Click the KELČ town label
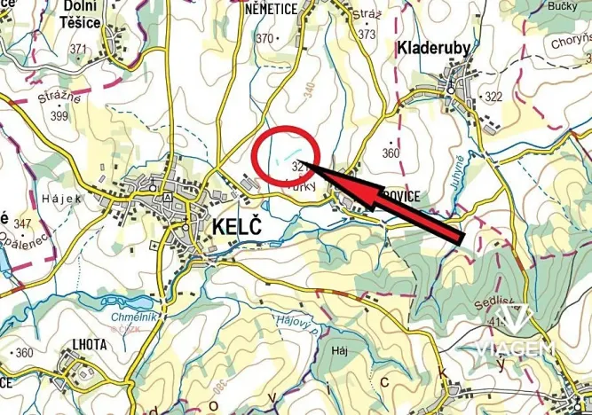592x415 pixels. [x=239, y=226]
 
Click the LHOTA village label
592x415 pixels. [x=85, y=344]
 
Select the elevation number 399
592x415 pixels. [x=60, y=116]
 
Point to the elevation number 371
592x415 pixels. [x=79, y=49]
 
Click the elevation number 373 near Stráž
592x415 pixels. [x=367, y=35]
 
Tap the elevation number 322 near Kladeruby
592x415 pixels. [x=493, y=96]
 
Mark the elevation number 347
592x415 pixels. [x=23, y=223]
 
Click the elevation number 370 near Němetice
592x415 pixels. [x=264, y=38]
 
